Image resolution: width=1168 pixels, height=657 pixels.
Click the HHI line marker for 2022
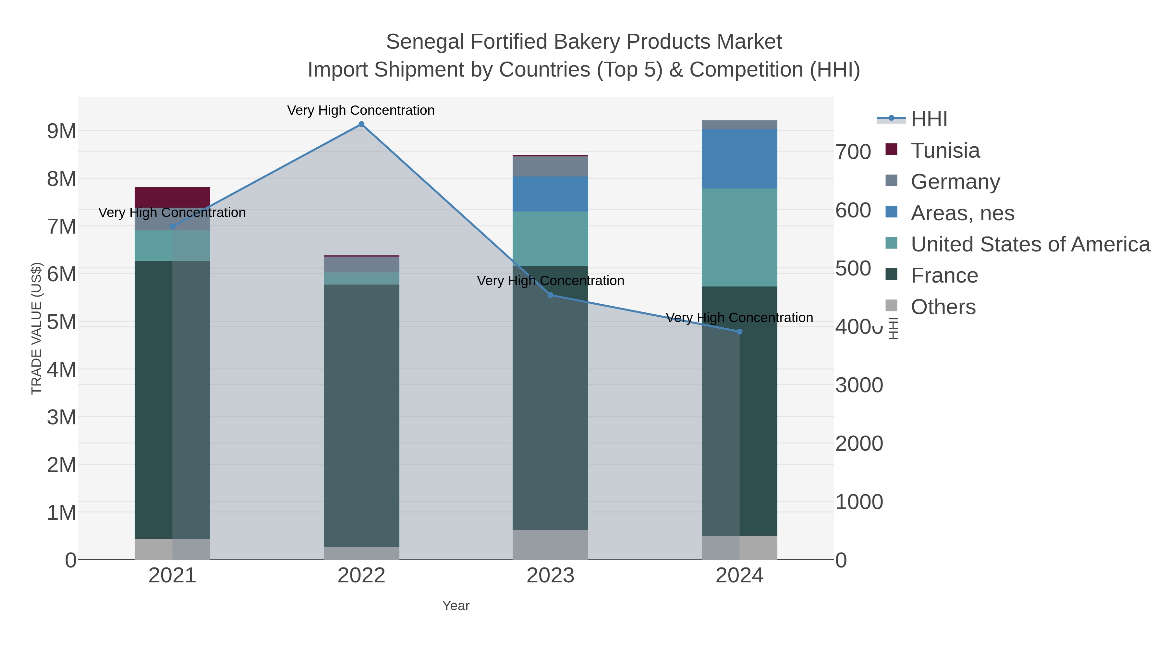point(361,124)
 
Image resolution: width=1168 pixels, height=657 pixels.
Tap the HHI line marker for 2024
point(739,332)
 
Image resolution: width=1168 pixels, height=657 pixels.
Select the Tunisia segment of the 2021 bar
point(172,197)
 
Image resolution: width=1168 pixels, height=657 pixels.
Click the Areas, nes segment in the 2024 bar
point(739,159)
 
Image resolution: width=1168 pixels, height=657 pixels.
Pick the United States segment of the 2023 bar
point(551,238)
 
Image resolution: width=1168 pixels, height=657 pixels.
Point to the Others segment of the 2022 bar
point(361,553)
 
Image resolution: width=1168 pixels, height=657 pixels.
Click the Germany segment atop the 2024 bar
point(739,125)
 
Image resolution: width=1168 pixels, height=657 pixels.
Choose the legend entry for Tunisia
point(945,151)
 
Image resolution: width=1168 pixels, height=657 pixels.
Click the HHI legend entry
point(929,119)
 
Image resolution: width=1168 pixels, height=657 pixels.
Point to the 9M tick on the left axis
point(62,131)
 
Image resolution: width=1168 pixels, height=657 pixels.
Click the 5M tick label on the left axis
point(62,322)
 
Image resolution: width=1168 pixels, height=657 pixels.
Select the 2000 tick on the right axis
point(859,444)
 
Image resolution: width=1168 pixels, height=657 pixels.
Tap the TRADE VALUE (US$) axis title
point(36,328)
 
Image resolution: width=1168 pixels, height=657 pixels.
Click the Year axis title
point(456,606)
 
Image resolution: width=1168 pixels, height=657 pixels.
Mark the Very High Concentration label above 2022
point(361,111)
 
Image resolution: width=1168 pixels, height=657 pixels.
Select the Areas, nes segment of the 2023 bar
point(551,194)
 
